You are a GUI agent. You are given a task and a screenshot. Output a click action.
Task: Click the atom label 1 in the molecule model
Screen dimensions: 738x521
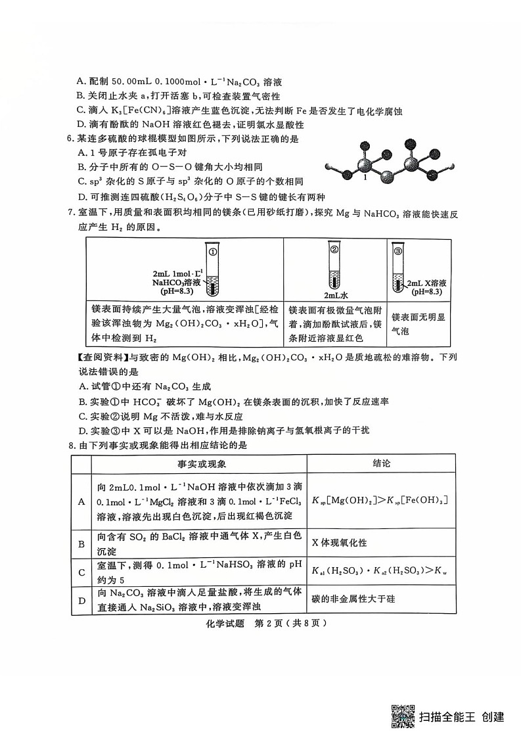coord(365,177)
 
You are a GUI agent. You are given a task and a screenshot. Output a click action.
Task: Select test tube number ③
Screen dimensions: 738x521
coord(397,269)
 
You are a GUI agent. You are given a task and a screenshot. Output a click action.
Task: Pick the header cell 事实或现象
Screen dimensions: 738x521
coord(198,464)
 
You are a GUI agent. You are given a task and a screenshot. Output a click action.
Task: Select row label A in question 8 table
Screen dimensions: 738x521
coord(81,501)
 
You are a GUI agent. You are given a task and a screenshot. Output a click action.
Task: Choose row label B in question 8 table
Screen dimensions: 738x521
coord(81,543)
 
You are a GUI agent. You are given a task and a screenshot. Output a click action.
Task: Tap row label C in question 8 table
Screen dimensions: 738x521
coord(81,572)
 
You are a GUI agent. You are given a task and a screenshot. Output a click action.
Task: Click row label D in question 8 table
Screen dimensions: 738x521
coord(81,600)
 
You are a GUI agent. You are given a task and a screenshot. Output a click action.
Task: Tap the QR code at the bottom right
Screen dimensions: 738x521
coord(403,716)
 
